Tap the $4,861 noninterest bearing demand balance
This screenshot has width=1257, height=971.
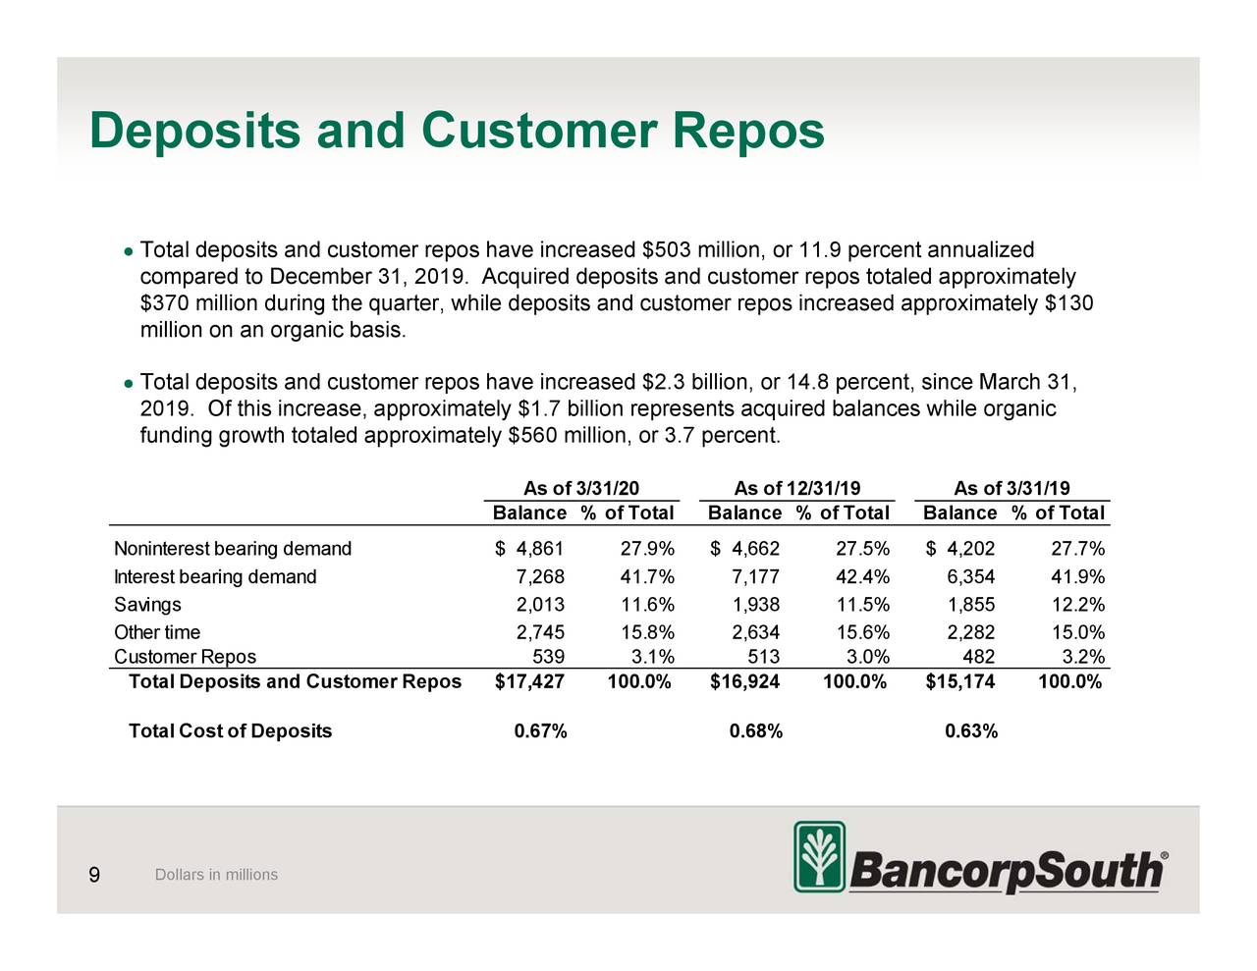[530, 548]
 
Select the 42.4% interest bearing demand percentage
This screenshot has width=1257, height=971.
[861, 576]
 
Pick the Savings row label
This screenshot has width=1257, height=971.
[147, 604]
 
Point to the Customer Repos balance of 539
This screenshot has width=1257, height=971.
[548, 657]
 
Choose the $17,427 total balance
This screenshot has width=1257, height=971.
[530, 681]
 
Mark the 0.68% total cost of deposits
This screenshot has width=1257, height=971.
[756, 730]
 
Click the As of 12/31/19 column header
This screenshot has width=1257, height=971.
[797, 488]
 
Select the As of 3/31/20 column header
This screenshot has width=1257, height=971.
[581, 488]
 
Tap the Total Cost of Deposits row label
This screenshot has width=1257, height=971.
[230, 730]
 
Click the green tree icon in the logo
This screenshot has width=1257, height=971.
[819, 857]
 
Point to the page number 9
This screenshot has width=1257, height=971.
[93, 875]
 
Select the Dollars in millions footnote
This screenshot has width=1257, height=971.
[216, 875]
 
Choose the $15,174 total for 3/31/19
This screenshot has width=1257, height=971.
[960, 681]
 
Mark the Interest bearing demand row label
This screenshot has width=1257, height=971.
[215, 576]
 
